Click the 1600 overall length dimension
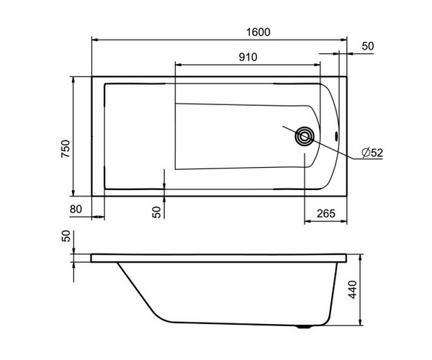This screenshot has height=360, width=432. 258,32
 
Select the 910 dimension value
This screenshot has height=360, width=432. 248,57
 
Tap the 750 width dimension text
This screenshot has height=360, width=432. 66,149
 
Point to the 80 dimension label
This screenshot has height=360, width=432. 76,209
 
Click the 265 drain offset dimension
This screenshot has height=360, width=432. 326,213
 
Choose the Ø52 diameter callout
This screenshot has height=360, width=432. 372,153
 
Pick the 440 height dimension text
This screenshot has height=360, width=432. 352,289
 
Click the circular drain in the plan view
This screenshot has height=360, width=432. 305,136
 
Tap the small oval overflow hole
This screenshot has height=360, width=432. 336,135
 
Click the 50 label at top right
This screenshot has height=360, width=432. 368,46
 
